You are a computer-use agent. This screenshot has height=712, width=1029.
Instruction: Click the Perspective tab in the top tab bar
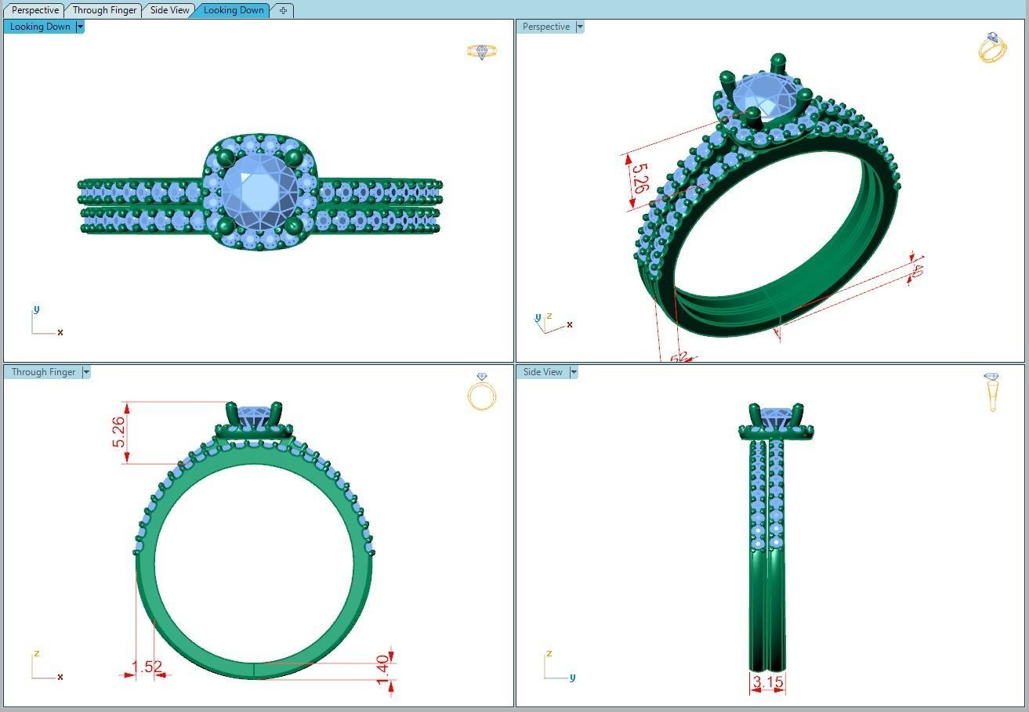click(35, 10)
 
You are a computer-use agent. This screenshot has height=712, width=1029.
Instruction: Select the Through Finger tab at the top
click(104, 10)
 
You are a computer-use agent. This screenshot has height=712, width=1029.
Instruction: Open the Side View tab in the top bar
click(170, 10)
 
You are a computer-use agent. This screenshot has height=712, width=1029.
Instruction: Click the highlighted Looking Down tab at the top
click(234, 10)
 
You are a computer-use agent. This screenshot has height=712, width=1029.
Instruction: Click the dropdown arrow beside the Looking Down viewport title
click(80, 27)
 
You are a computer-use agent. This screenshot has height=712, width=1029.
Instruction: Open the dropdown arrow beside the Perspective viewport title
click(580, 27)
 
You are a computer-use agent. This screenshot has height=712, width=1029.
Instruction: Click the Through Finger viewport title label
click(43, 372)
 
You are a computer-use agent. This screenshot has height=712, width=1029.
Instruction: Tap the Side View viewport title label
click(543, 372)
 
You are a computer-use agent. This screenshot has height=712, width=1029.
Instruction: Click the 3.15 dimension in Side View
click(767, 682)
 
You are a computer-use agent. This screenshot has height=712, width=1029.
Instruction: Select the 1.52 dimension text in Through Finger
click(147, 667)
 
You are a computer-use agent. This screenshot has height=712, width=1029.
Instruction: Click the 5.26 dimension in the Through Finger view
click(118, 432)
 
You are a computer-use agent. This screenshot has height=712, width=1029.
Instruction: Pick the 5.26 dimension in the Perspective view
click(640, 179)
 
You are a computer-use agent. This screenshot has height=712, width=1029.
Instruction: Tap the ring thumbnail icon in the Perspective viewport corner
click(992, 48)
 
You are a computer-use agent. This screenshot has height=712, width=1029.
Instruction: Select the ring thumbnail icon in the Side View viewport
click(992, 391)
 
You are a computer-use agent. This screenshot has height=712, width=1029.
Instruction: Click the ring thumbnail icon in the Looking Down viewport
click(482, 52)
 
